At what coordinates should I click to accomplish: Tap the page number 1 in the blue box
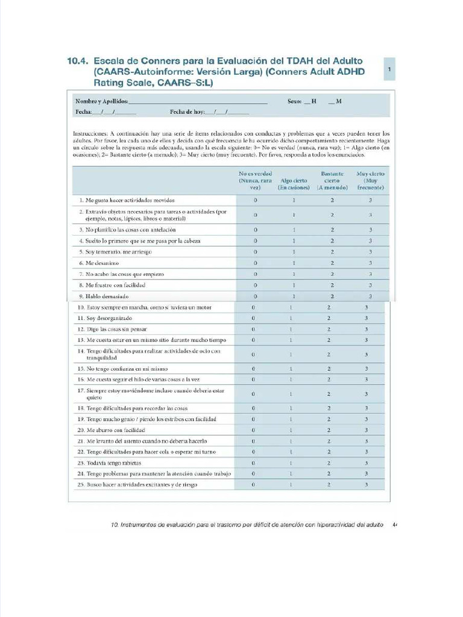click(389, 70)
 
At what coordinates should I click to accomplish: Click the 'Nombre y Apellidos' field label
click(101, 101)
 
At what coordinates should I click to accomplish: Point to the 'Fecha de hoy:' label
click(187, 111)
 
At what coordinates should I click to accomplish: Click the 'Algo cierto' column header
click(294, 184)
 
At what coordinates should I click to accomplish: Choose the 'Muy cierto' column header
click(371, 180)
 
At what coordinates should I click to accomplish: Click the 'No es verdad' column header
click(255, 180)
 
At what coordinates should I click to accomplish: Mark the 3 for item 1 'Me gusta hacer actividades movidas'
click(371, 200)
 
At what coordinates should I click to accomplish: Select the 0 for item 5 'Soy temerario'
click(255, 252)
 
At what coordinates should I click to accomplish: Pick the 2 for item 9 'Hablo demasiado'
click(332, 296)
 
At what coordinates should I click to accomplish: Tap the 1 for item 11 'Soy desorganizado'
click(291, 318)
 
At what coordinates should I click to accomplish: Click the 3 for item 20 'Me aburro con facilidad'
click(366, 431)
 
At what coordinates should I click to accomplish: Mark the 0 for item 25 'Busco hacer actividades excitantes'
click(253, 484)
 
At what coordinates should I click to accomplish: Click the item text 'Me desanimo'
click(102, 263)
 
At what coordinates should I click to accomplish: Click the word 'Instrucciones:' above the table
click(90, 133)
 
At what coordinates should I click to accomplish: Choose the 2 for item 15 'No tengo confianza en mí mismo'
click(329, 369)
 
